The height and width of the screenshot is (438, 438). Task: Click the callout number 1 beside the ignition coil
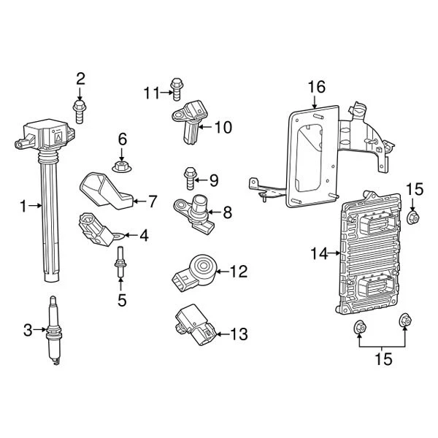tap(24, 207)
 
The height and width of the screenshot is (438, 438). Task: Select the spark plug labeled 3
tap(53, 331)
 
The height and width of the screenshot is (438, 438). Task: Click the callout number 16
tap(315, 88)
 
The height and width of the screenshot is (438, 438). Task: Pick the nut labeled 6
tap(121, 166)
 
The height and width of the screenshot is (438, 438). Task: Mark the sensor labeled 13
tap(193, 324)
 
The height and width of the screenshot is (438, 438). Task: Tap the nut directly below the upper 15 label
tap(413, 217)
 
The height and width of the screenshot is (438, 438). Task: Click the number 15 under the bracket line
tap(383, 359)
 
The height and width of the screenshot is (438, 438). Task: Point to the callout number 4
tap(144, 235)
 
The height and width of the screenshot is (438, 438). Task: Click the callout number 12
tap(239, 272)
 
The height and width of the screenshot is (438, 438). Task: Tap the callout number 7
tap(152, 200)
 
